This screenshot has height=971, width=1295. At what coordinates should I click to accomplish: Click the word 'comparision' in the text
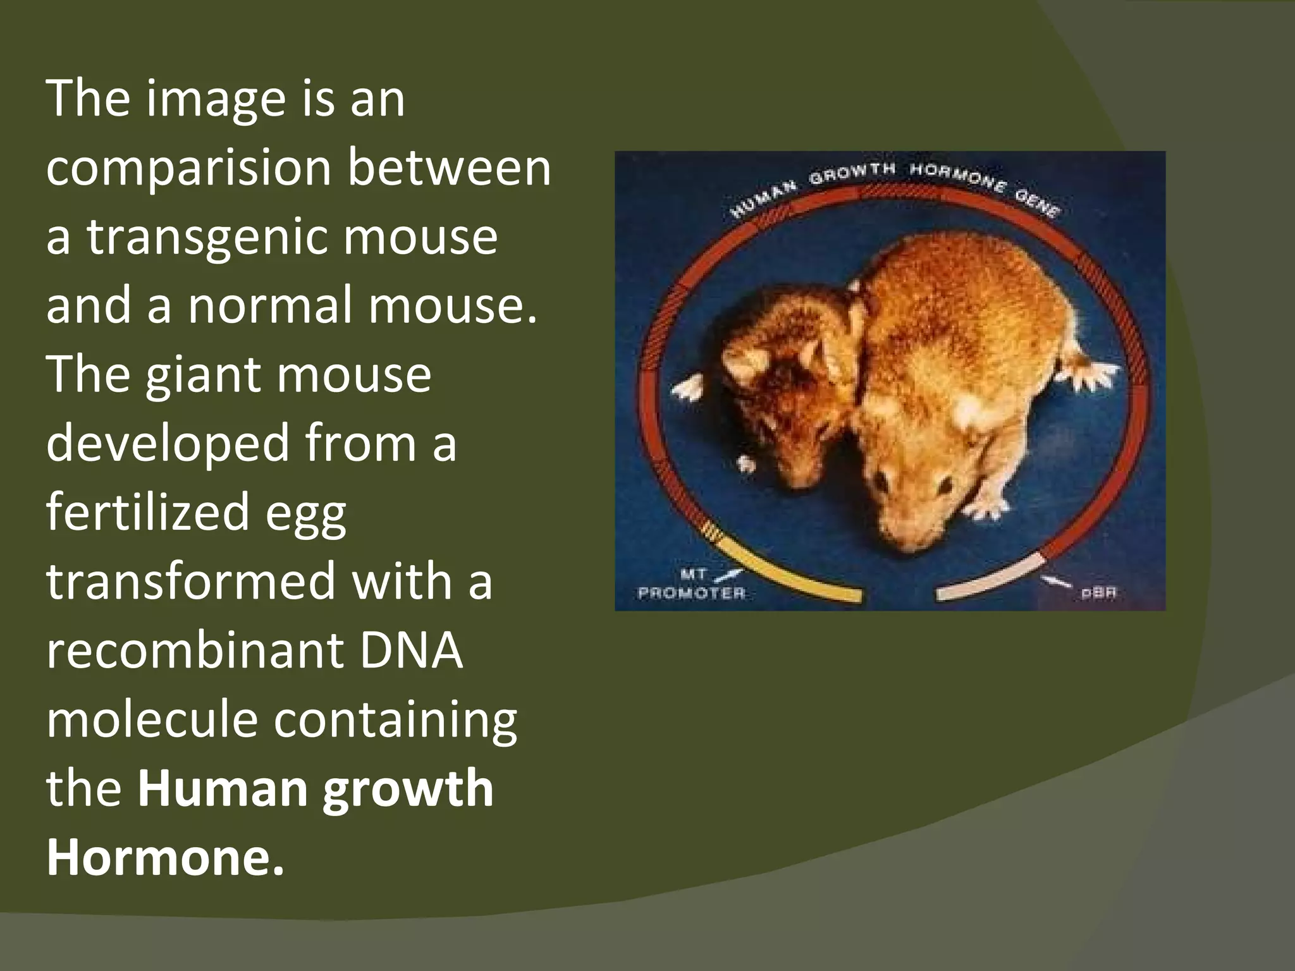[x=188, y=169]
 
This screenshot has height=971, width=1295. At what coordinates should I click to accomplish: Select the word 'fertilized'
[x=147, y=513]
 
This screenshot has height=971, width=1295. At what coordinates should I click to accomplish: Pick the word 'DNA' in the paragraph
[x=411, y=650]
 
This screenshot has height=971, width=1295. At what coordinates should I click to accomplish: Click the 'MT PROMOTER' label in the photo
[x=692, y=585]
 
